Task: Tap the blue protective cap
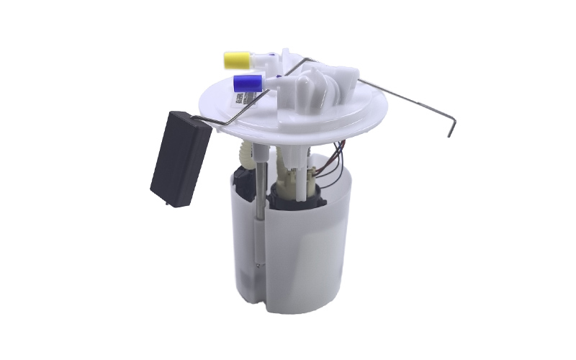246,82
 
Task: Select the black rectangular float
180,158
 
